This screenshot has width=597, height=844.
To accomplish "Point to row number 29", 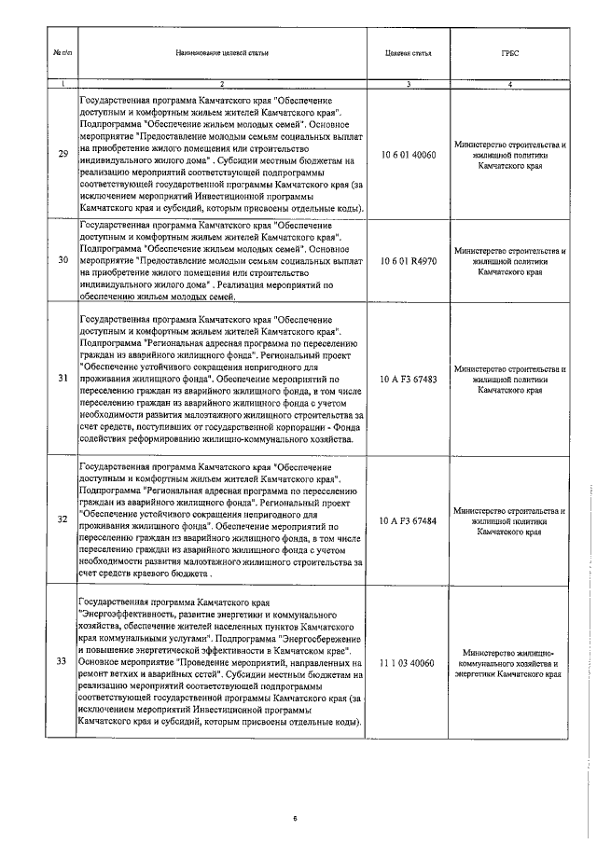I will pyautogui.click(x=62, y=154).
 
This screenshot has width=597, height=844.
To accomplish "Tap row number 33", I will pyautogui.click(x=62, y=661).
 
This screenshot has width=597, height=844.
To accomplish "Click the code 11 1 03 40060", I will pyautogui.click(x=409, y=661).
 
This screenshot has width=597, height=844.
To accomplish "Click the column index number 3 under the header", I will pyautogui.click(x=409, y=85).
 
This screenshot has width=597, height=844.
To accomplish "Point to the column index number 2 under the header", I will pyautogui.click(x=222, y=85).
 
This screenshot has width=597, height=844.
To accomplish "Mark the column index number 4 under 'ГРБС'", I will pyautogui.click(x=509, y=85).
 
